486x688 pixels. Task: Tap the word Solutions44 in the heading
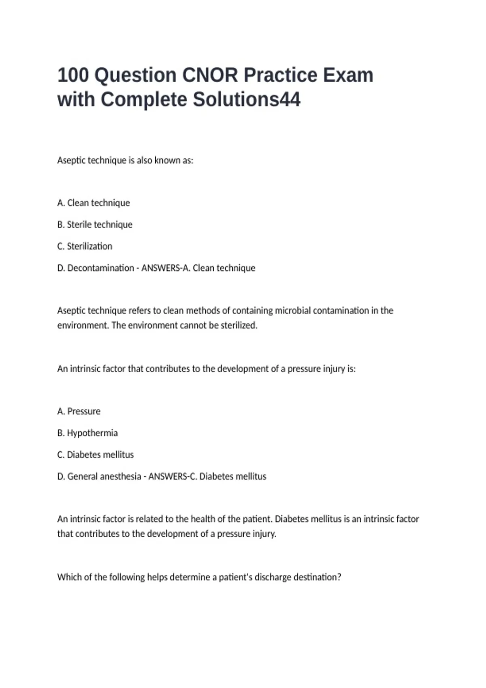[x=247, y=100]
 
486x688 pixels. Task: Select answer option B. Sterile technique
[x=95, y=225]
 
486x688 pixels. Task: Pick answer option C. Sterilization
[x=85, y=246]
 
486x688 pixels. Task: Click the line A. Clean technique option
[x=94, y=203]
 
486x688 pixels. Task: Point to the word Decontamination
[x=100, y=268]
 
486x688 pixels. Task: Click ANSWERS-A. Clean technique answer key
[x=198, y=268]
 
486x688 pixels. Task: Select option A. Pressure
[x=79, y=411]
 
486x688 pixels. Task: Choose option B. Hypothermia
[x=87, y=433]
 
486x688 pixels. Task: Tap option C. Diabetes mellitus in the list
[x=95, y=455]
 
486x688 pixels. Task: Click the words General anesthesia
[x=104, y=476]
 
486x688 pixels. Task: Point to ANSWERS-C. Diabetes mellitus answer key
[x=207, y=476]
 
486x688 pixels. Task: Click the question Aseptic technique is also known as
[x=125, y=160]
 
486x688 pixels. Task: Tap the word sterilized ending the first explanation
[x=239, y=325]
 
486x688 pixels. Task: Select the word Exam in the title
[x=348, y=75]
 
